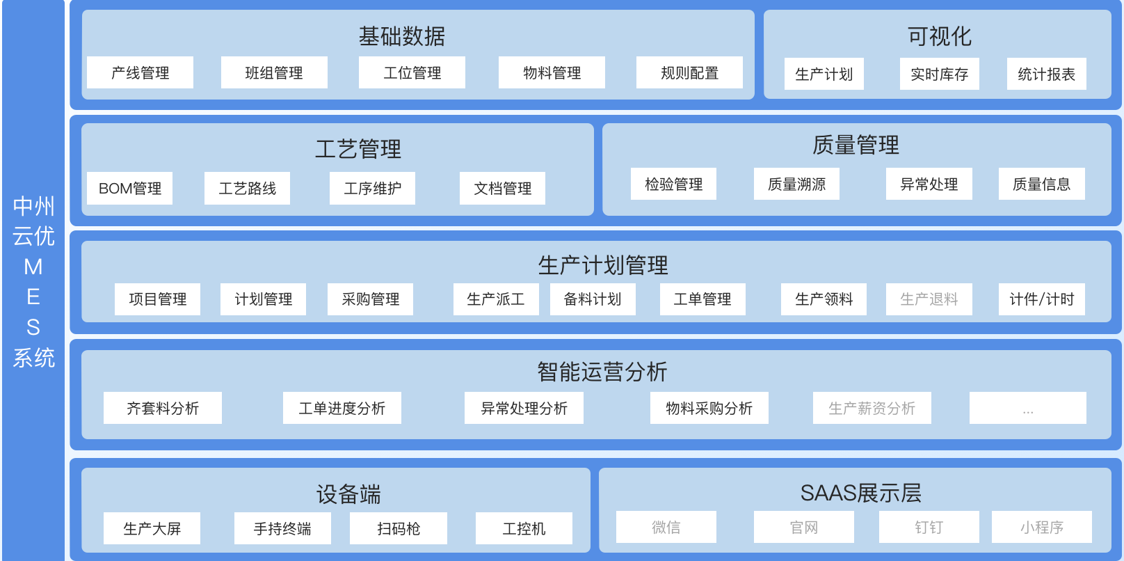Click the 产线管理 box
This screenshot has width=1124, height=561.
[140, 72]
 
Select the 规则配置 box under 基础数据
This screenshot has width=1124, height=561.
[689, 72]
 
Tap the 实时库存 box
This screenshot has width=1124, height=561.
[939, 74]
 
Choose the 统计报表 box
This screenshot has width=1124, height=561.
[1046, 74]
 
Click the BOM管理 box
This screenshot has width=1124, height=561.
[130, 188]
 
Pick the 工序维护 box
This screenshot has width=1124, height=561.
[372, 188]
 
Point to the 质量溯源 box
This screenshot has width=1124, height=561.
[796, 184]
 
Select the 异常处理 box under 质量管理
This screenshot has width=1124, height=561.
[929, 184]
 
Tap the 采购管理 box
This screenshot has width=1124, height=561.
[370, 299]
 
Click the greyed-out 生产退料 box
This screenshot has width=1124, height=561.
[929, 299]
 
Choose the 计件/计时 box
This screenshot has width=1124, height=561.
[1041, 299]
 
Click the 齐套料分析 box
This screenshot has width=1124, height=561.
[163, 408]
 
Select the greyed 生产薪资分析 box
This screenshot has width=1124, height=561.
[872, 408]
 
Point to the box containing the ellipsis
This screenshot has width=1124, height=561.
[1027, 408]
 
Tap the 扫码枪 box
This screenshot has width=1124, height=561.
[399, 528]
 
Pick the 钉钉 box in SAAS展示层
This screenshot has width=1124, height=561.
[929, 527]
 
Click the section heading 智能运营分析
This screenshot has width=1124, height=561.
[602, 372]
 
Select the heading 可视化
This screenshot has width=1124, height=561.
[939, 36]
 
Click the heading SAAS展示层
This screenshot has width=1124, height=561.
[860, 493]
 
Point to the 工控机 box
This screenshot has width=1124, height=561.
[524, 528]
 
